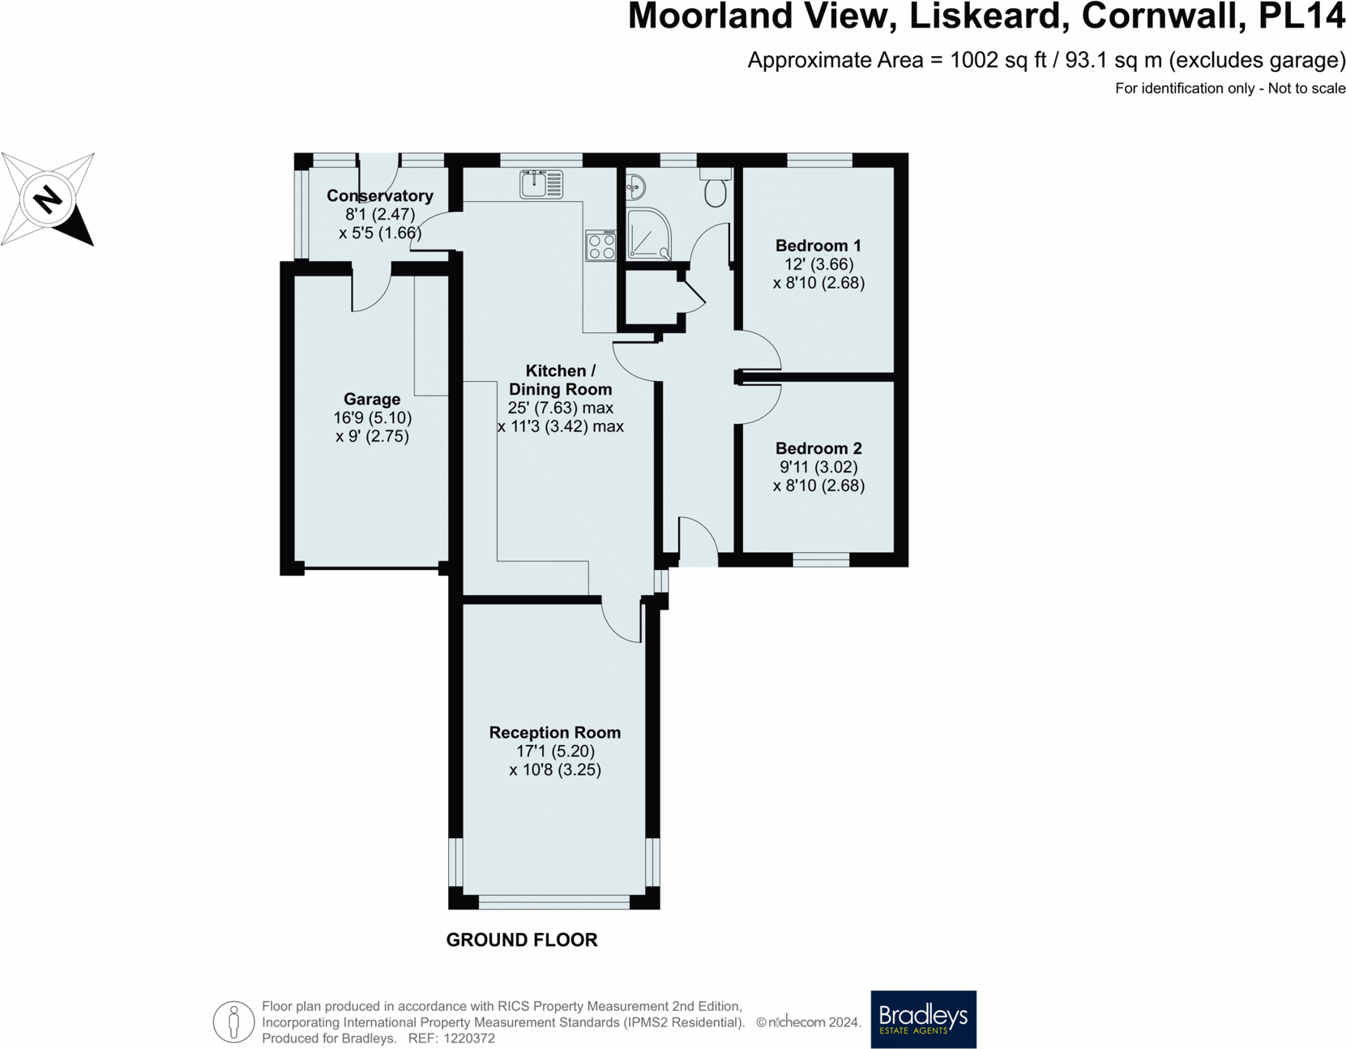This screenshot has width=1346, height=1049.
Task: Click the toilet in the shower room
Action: click(x=716, y=186)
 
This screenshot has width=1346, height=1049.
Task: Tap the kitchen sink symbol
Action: click(x=541, y=184)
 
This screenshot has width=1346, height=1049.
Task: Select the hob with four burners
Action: click(x=600, y=246)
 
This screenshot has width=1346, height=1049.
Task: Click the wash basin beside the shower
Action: click(x=635, y=187)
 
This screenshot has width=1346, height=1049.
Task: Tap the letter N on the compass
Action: click(x=48, y=199)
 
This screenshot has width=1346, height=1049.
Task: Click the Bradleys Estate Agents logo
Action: click(x=923, y=1019)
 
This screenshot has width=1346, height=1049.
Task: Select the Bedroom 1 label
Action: click(x=818, y=246)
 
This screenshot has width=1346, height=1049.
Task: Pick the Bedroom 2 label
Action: click(x=818, y=448)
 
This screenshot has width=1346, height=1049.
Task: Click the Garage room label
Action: click(x=372, y=399)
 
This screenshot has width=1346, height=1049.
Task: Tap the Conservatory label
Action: click(x=380, y=196)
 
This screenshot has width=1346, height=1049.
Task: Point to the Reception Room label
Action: click(x=554, y=732)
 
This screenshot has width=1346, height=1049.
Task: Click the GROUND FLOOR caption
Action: click(x=522, y=940)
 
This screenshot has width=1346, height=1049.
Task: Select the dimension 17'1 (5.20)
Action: click(x=555, y=751)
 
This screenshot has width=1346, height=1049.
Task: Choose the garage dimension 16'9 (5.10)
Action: click(x=372, y=417)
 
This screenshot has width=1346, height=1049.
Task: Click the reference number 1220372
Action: click(x=469, y=1038)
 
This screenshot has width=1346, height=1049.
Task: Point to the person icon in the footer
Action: click(x=233, y=1021)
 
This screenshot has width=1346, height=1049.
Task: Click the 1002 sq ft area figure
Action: click(x=998, y=61)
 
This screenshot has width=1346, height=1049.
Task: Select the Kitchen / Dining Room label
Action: click(x=560, y=380)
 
